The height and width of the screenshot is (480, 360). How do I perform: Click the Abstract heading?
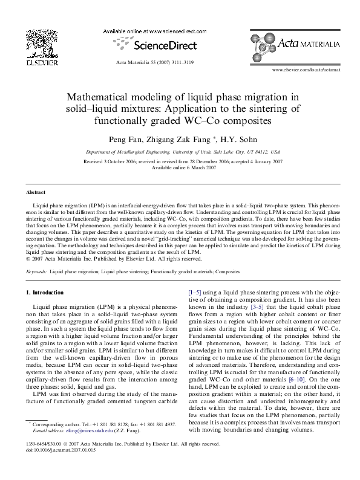coord(36,193)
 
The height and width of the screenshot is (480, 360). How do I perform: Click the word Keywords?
coord(37,272)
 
